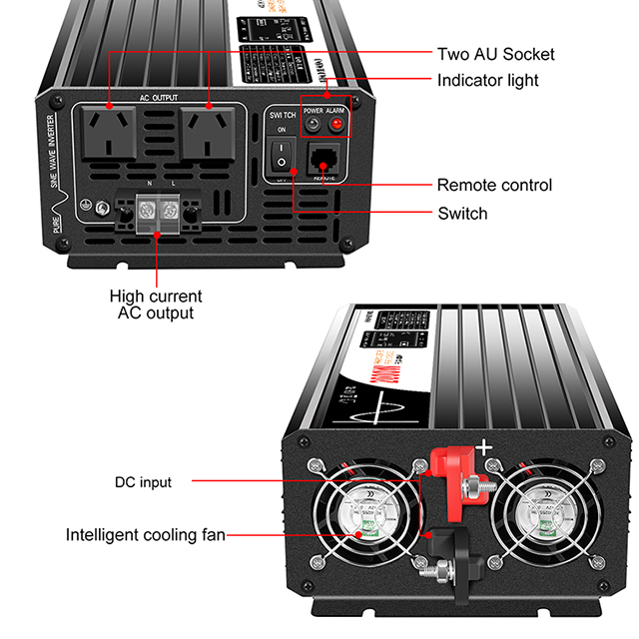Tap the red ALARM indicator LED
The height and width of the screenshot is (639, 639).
coord(336,126)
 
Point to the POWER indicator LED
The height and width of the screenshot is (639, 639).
coord(313,126)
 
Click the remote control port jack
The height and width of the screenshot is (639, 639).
coord(324,158)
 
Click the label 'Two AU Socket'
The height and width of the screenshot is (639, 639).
coord(495,54)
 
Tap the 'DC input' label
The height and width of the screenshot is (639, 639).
coord(141,482)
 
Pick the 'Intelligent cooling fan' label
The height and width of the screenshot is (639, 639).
coord(145,534)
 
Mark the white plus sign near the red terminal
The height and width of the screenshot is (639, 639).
coord(487,449)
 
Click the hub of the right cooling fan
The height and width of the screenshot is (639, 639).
coord(548,524)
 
